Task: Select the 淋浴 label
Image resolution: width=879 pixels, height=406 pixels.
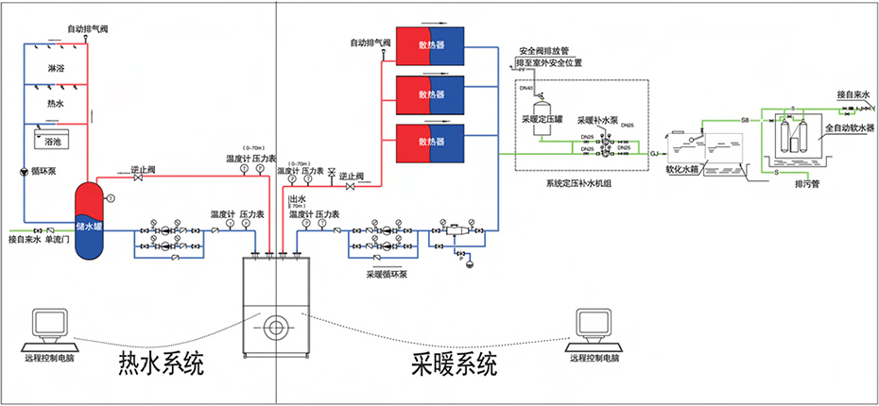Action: point(57,69)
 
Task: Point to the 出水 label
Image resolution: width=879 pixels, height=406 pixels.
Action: point(297,199)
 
